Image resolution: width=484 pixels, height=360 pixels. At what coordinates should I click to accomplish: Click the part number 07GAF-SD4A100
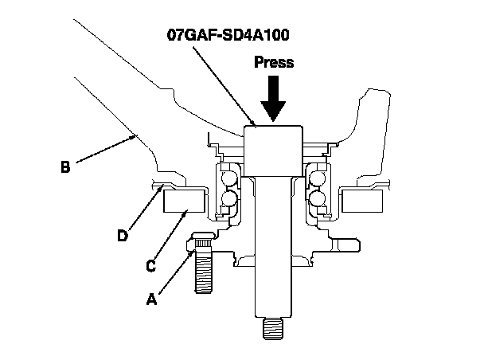pos(229,37)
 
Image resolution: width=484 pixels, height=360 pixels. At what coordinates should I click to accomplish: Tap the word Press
pos(273,62)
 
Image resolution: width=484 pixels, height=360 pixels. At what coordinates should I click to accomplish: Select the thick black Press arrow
pos(273,100)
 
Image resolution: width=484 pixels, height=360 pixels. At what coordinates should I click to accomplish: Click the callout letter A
pos(150,299)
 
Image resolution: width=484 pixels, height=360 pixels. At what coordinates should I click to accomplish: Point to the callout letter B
pos(65,167)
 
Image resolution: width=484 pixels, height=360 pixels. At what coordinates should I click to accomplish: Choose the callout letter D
pos(122,236)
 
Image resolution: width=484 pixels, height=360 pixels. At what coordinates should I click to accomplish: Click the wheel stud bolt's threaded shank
pos(204,276)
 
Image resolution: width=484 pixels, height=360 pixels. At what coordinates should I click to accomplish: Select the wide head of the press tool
pos(275,147)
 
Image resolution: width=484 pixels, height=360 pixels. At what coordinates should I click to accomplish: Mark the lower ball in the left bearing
pos(229,199)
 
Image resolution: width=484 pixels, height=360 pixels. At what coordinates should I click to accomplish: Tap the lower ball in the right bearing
pos(319,199)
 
